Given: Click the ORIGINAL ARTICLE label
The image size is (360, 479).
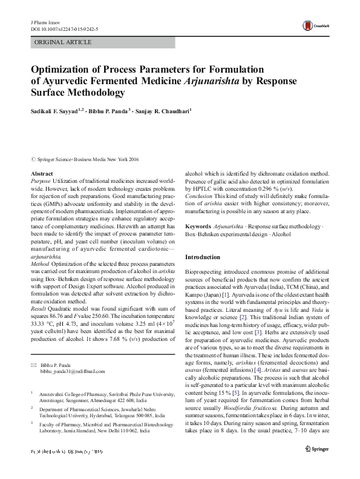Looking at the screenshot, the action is [x=64, y=42].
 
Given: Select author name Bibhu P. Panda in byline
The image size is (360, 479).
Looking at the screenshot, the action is [x=93, y=111].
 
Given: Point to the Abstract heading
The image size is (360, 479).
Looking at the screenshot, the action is [x=41, y=174].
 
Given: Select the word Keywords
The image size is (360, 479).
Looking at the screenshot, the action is [x=197, y=226].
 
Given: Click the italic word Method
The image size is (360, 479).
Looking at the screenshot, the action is [x=40, y=282].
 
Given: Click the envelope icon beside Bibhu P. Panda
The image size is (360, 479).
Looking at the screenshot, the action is [x=33, y=365].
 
